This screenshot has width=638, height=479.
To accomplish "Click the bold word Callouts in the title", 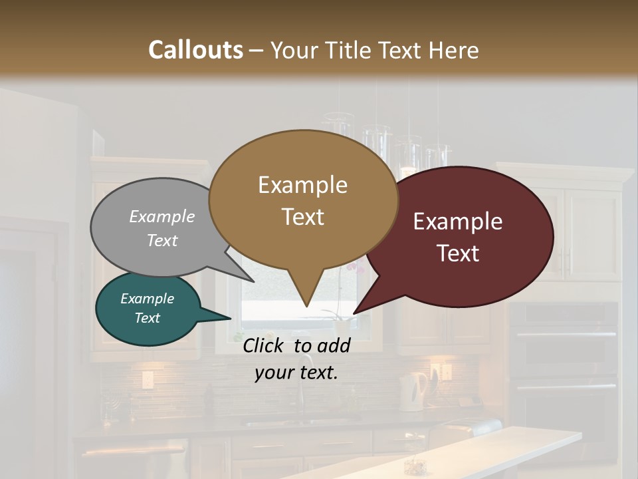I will [x=195, y=50].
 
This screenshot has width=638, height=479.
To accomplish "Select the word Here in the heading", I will [x=455, y=50].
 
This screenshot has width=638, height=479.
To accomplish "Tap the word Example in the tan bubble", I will [x=302, y=185].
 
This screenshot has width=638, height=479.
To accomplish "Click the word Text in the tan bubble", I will [x=302, y=217].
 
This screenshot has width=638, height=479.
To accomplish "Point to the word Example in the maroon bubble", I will [x=458, y=222].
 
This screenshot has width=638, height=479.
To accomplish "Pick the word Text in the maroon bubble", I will [x=458, y=253].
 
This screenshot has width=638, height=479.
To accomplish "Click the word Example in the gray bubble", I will [x=162, y=216].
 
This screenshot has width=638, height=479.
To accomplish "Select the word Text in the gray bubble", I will [x=162, y=240].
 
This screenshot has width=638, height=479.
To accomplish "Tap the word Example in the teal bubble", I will [x=147, y=299].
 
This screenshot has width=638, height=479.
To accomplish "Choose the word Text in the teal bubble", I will [x=147, y=318].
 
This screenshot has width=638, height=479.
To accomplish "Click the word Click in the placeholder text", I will [x=265, y=345].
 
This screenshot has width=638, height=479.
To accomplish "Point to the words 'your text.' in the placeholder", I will [x=296, y=373].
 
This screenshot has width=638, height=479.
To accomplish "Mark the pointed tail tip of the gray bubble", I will [x=253, y=281].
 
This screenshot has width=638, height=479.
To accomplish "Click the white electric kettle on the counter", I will [x=413, y=391].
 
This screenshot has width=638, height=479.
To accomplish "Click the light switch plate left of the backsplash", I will [x=147, y=380].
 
